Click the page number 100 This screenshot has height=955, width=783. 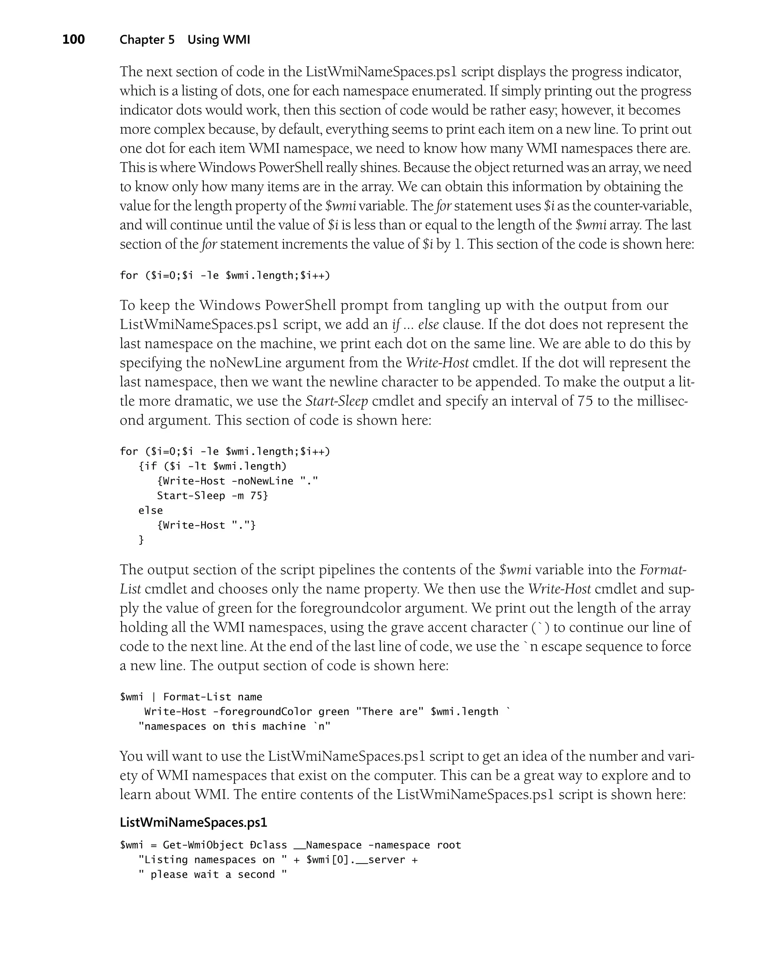click(73, 40)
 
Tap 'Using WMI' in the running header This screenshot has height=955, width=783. click(219, 40)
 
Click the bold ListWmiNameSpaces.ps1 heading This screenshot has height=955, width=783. click(193, 822)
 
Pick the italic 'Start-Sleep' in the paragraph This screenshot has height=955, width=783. click(336, 401)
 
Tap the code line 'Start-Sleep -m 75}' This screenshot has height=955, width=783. click(213, 495)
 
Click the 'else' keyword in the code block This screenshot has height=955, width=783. click(151, 510)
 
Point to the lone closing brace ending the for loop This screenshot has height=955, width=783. click(141, 540)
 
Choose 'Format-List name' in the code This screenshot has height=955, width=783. click(213, 697)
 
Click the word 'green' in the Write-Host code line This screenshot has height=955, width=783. click(334, 711)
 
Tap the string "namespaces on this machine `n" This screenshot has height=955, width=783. click(234, 726)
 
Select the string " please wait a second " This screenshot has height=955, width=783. click(213, 874)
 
